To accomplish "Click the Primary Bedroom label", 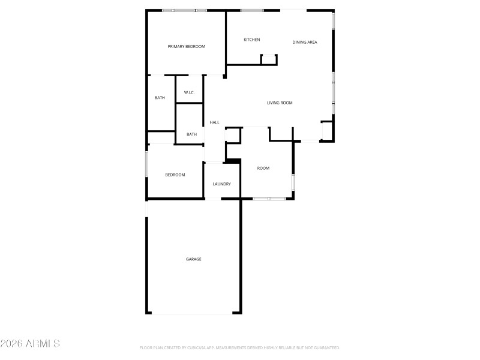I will point(187,46).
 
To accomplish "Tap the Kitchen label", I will point(251,40).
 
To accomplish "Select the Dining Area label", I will point(304,42).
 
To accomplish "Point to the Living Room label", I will point(280,103).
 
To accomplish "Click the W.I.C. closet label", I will point(189,92).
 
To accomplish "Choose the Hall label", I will point(214,122).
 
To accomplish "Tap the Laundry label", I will point(221,184).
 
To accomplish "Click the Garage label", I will point(193,259).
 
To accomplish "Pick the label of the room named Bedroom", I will point(175,175).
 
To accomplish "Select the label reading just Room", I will point(263,168).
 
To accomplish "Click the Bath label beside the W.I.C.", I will point(160,98).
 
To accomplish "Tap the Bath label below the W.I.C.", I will point(191,134).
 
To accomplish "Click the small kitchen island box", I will point(269,59).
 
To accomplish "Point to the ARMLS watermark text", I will point(30,344).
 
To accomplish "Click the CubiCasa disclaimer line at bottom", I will point(239,347).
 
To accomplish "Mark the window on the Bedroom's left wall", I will point(146,163).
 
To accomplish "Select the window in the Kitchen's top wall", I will point(252,10).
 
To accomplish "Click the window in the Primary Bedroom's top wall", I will point(184,10).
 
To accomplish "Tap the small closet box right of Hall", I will point(232,135).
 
